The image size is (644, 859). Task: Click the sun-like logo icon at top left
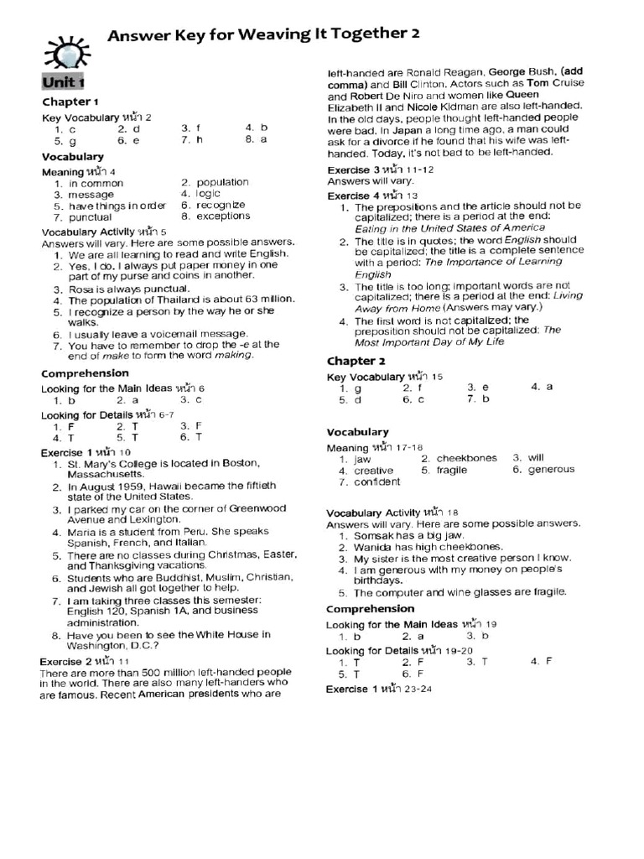click(x=63, y=54)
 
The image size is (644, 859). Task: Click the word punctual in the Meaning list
click(x=91, y=216)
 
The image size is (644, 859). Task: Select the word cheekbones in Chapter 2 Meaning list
click(x=466, y=458)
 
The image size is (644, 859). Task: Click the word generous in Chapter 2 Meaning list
click(x=552, y=470)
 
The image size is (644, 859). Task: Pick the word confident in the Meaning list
click(x=377, y=482)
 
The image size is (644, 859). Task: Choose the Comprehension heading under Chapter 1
click(x=86, y=372)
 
